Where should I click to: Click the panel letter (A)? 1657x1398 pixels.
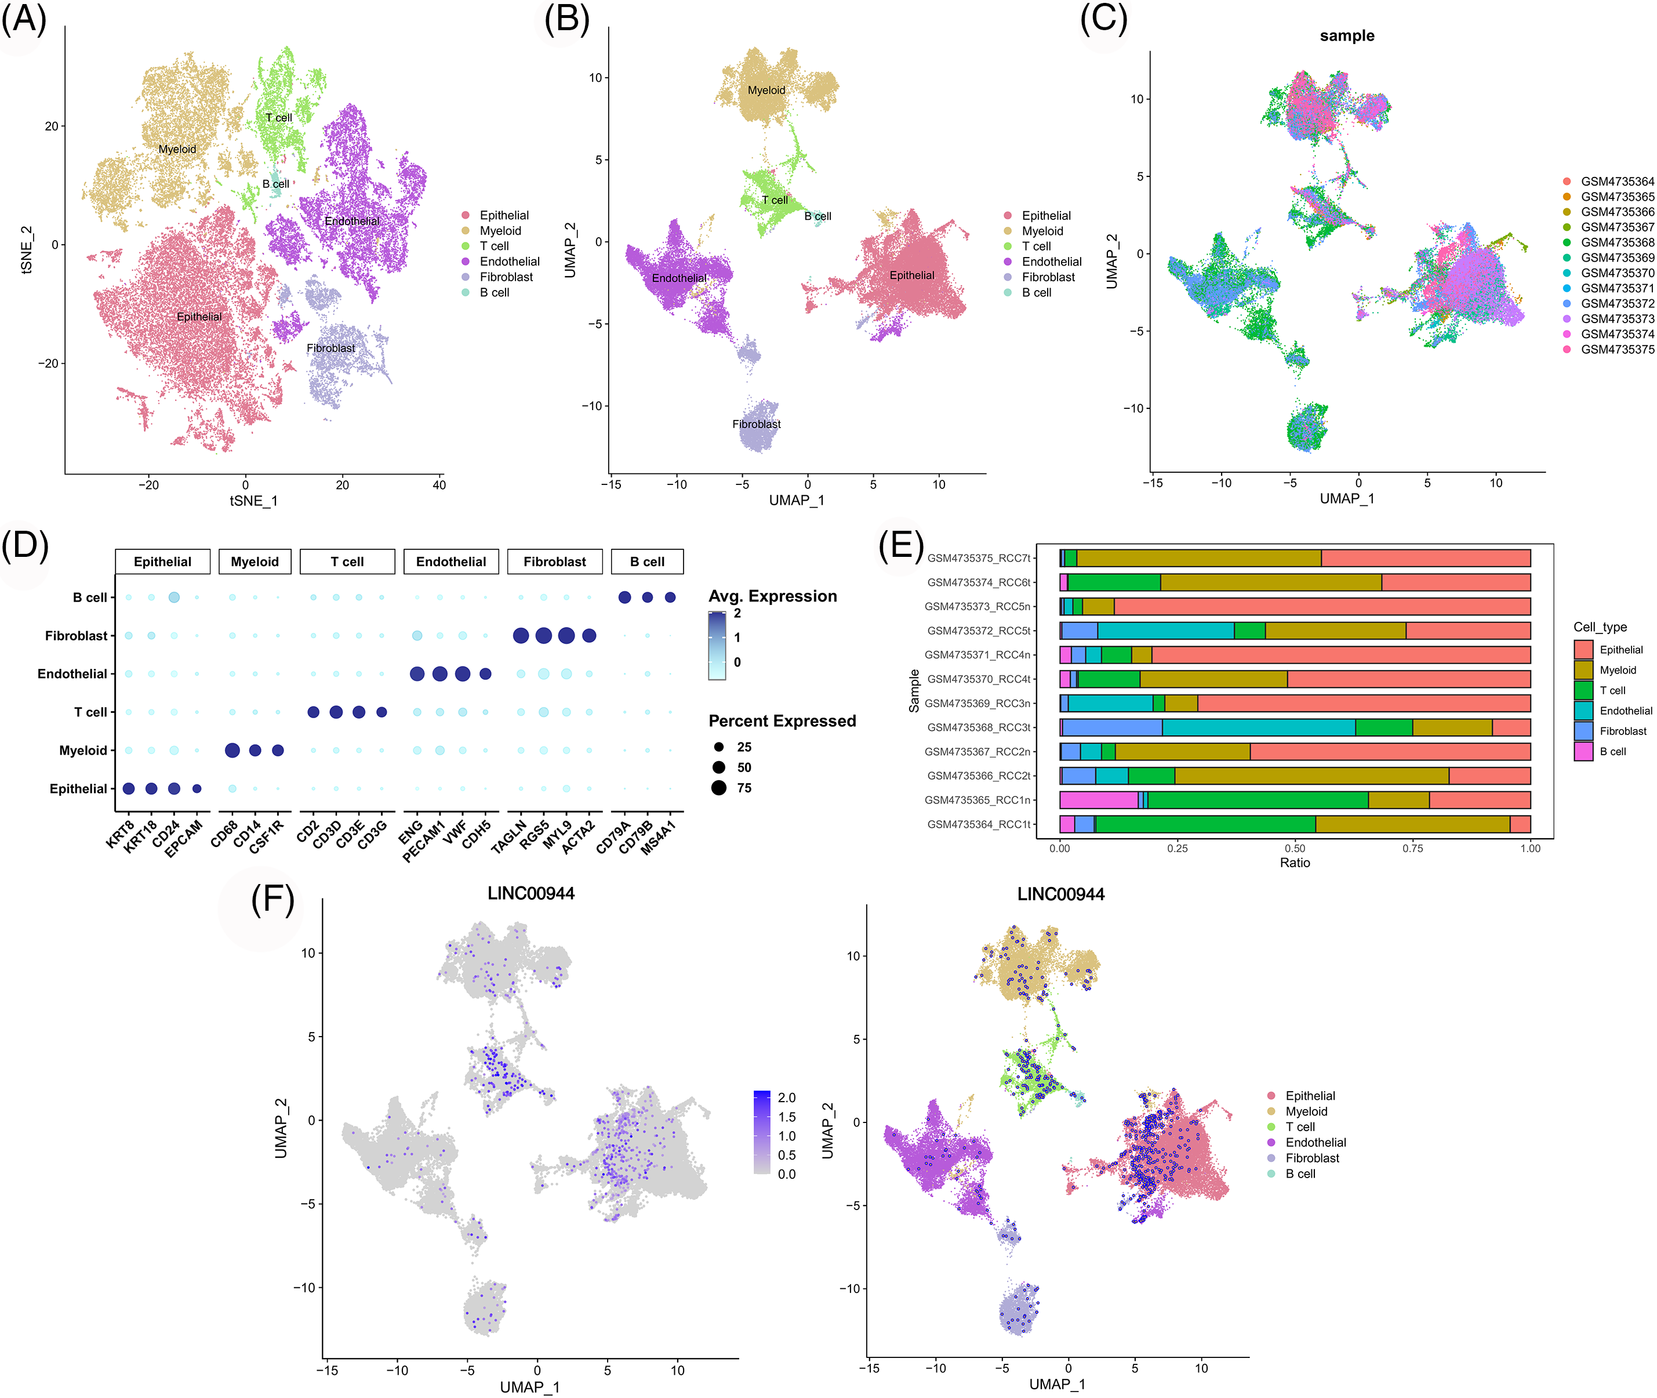[24, 19]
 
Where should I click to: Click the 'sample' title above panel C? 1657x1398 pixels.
[1346, 35]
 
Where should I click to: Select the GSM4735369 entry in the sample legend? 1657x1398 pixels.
[1616, 258]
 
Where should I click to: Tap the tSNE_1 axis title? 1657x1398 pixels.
[253, 501]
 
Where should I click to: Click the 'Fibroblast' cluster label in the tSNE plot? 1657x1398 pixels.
[331, 348]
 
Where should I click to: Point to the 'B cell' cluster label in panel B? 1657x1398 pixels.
[817, 216]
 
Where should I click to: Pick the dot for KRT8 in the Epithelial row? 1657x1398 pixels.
[128, 788]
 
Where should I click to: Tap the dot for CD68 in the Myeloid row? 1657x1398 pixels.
[232, 751]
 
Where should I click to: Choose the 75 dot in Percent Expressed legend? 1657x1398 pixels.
[718, 788]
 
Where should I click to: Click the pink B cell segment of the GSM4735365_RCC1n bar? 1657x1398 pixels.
[1098, 800]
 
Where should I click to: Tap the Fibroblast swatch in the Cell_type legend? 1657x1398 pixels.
[1583, 731]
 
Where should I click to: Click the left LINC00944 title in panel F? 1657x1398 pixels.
[530, 894]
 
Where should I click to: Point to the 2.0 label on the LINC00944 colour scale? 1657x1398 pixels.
[787, 1098]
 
